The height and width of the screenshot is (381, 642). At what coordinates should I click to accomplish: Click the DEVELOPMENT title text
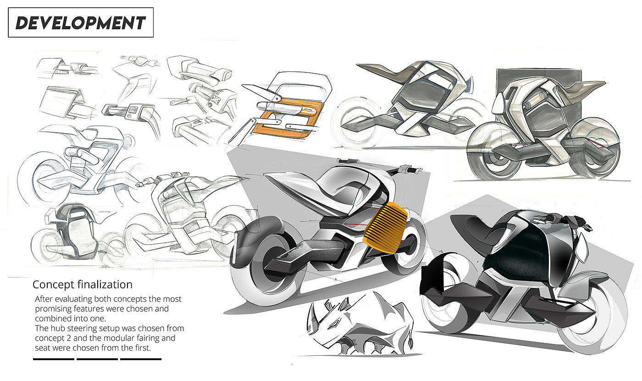point(81,22)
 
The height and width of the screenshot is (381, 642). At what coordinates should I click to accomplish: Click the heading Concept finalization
point(83,284)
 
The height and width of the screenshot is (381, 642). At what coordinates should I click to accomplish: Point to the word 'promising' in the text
point(55,309)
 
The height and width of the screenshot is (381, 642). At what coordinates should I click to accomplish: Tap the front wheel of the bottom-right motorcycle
point(596,316)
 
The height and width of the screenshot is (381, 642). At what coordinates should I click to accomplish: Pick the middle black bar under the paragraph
point(97,359)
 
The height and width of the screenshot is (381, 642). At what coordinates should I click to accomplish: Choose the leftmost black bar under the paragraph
point(54,359)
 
